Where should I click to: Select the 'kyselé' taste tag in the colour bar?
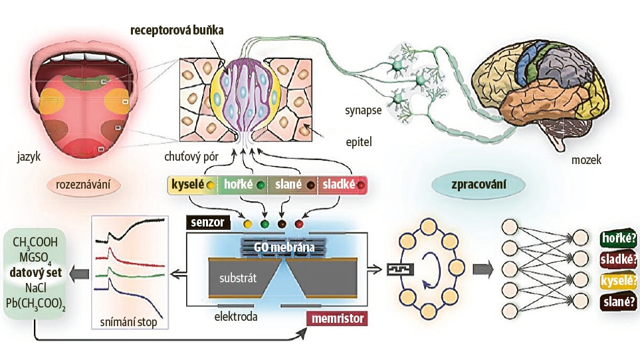point(191,184)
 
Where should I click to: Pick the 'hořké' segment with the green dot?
point(241,184)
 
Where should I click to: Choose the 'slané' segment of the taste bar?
point(293,184)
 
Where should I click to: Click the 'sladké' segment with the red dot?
point(342,184)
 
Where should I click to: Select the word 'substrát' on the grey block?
point(237,273)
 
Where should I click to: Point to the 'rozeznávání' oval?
point(81,184)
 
